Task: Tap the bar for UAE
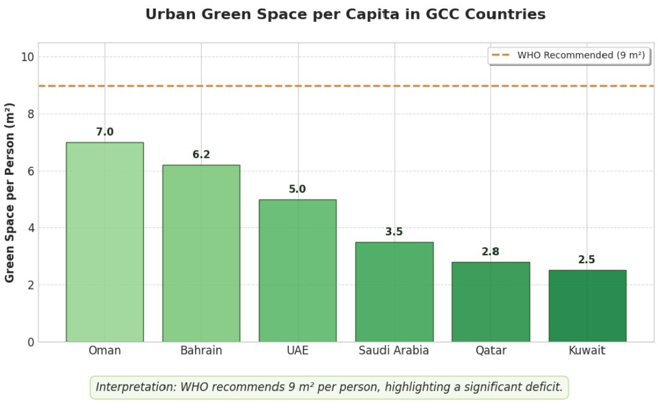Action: (297, 270)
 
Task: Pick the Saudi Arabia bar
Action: (394, 292)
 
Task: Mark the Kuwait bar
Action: (587, 306)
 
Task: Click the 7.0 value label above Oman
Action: (105, 132)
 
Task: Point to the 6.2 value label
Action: (201, 155)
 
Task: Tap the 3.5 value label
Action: (394, 232)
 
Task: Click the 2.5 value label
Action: (587, 260)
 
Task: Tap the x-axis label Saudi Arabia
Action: (394, 351)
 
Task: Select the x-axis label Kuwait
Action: (587, 351)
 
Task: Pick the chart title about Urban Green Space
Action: (345, 15)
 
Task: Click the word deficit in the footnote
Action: (542, 387)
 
